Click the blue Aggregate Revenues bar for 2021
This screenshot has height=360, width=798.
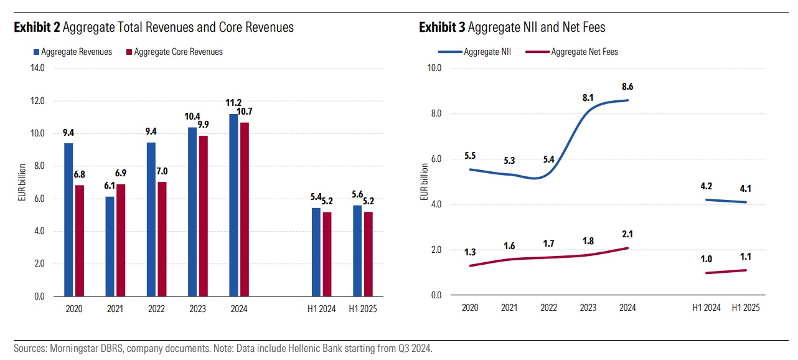(110, 246)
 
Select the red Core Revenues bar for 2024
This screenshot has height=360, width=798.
(245, 209)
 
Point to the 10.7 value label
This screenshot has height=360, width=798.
(245, 112)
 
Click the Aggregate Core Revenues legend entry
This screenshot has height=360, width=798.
(178, 52)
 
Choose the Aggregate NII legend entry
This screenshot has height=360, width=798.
(487, 52)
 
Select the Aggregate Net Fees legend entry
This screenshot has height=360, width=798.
(584, 52)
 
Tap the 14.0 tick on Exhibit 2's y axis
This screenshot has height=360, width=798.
(38, 68)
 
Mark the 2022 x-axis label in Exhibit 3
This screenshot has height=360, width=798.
(548, 308)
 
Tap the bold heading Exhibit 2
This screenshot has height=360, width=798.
(37, 27)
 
